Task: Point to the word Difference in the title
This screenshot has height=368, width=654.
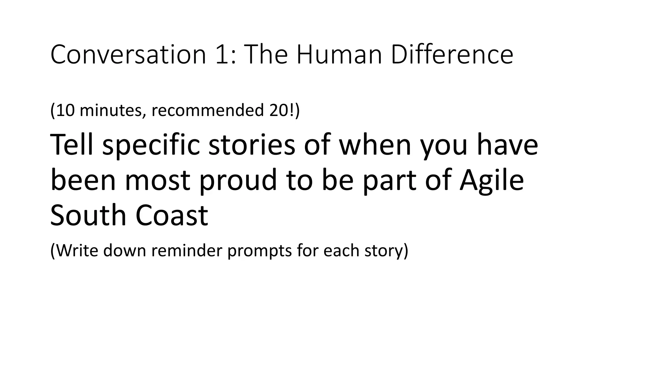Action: [452, 55]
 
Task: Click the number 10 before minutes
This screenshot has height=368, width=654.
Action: [65, 110]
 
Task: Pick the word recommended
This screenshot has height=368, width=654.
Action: [207, 110]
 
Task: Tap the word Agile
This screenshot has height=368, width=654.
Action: [491, 181]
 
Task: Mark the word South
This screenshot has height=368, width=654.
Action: [88, 215]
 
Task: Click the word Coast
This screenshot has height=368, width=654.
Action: [172, 215]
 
